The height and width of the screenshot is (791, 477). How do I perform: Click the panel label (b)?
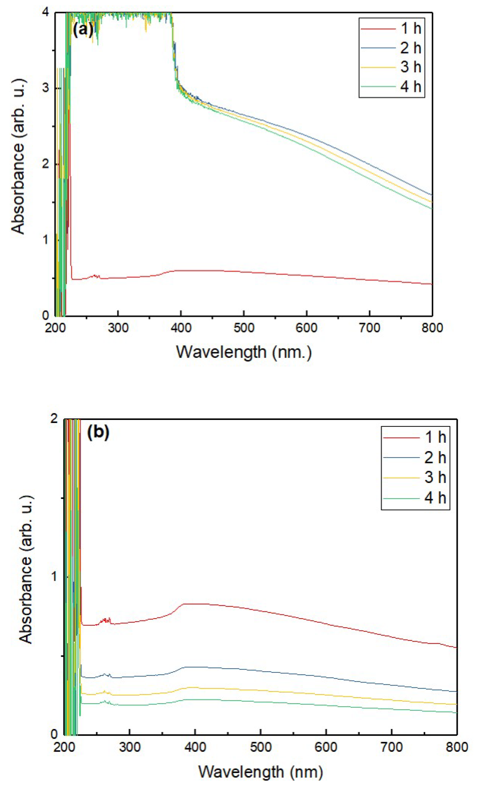(98, 432)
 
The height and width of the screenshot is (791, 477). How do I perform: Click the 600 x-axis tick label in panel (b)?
(326, 747)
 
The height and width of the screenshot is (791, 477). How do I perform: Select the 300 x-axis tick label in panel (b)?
(129, 747)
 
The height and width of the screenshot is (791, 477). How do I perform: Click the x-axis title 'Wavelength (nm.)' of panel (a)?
(244, 352)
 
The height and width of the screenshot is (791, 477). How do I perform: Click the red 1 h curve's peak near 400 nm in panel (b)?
(193, 604)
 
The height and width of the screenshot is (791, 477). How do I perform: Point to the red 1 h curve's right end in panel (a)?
(431, 284)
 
